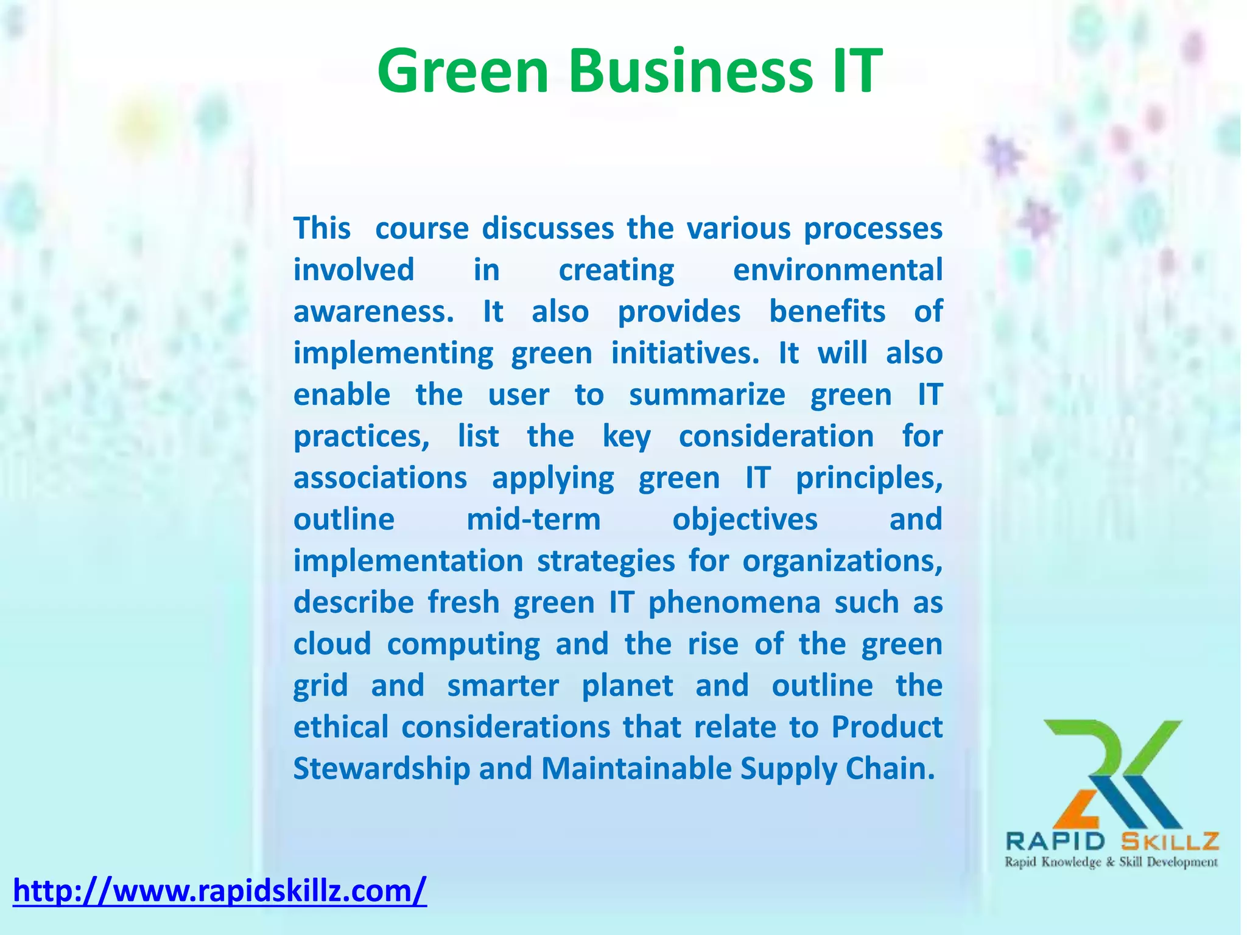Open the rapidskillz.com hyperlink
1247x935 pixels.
[220, 891]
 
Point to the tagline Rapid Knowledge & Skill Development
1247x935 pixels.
[1111, 862]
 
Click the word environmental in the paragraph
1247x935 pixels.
[837, 270]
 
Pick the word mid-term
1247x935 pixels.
[533, 519]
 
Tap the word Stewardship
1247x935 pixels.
[382, 768]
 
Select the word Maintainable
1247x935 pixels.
[636, 768]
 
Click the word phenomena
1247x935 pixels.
[734, 603]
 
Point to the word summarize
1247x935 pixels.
[707, 394]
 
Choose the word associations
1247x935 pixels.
[380, 478]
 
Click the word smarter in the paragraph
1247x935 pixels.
[503, 685]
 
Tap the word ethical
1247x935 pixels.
[341, 727]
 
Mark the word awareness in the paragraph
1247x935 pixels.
[373, 312]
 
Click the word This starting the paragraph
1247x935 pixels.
[322, 229]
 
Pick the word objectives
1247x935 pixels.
[745, 519]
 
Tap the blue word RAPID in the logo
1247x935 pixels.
[1055, 842]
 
